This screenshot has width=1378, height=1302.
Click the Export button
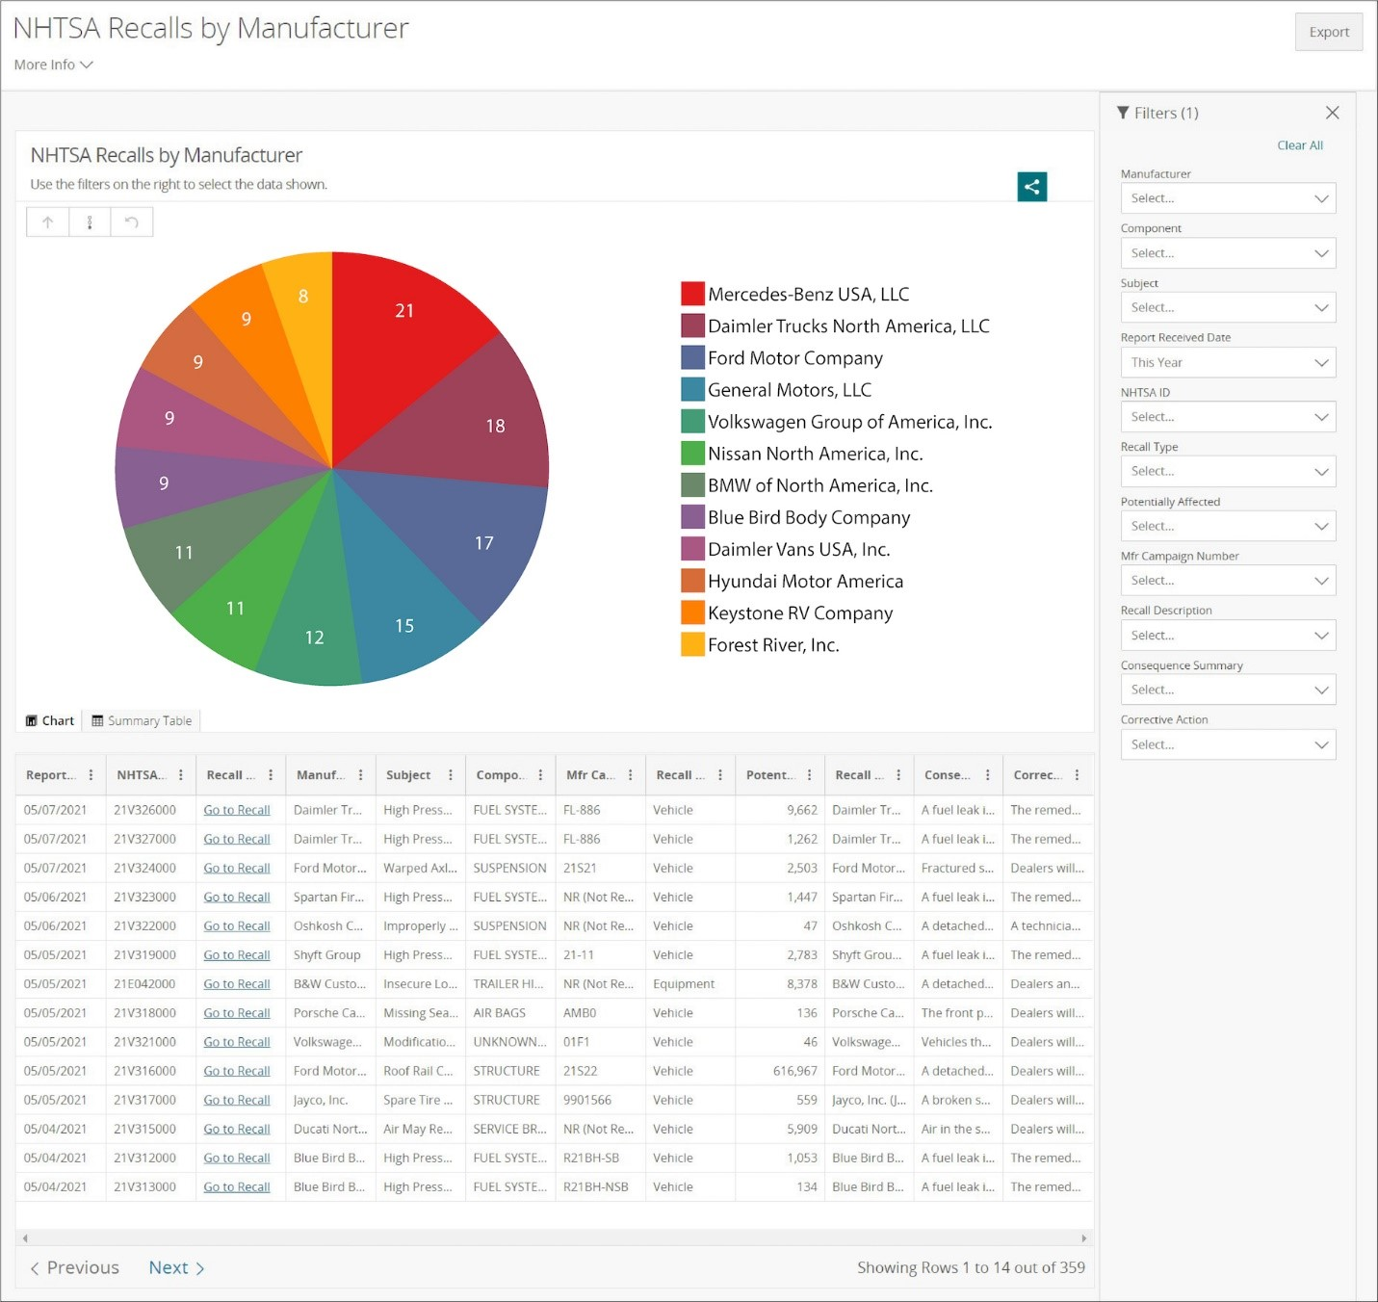1328,32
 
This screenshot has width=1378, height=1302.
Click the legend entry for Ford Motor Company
794,358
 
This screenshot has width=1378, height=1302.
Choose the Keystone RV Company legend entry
799,613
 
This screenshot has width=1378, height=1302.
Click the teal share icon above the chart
1031,187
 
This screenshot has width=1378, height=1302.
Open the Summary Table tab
142,721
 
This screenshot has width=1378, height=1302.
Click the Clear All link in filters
1299,145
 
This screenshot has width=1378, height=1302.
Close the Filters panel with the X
1332,113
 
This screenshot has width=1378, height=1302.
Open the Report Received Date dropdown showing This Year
1228,363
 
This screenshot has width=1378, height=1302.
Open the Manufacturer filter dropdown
1228,198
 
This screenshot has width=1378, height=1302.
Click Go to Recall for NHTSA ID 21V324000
237,869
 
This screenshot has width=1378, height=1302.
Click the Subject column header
408,775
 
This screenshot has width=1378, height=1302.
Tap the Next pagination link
176,1268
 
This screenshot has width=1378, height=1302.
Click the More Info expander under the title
53,65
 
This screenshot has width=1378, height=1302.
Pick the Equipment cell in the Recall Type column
683,984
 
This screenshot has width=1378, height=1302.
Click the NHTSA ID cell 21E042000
144,984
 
